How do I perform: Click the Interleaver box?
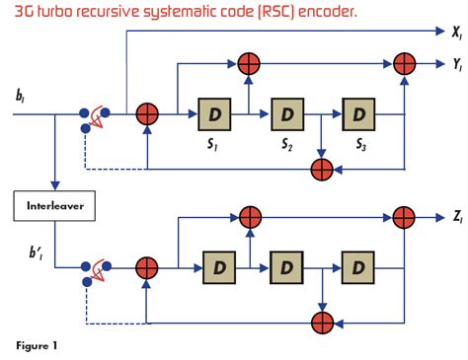53,207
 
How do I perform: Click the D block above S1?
213,114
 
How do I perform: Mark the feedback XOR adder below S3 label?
320,169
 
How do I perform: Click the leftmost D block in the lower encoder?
218,266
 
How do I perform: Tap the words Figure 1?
37,345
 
